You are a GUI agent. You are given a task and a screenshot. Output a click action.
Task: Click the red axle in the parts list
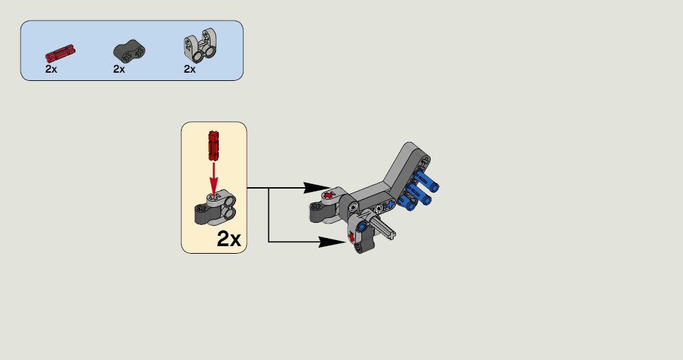[x=60, y=53]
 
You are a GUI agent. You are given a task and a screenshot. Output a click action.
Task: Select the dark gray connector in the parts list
[x=130, y=51]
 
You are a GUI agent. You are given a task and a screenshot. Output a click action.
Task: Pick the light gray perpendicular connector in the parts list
[x=201, y=45]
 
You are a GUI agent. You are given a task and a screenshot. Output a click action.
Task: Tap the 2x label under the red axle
[x=51, y=69]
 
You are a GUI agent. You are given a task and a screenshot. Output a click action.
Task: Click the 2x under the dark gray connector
[x=119, y=69]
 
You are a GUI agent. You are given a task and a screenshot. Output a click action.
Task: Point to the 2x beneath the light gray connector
[x=189, y=69]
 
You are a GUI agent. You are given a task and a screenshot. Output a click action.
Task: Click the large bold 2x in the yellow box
[x=228, y=239]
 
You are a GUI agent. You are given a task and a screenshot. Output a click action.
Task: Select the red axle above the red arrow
[x=213, y=146]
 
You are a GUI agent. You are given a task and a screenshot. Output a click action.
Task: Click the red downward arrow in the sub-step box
[x=213, y=178]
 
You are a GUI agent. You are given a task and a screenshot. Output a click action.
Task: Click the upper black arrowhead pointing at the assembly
[x=314, y=188]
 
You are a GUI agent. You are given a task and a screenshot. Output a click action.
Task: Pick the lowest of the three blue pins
[x=408, y=201]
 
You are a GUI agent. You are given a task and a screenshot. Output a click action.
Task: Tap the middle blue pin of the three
[x=418, y=194]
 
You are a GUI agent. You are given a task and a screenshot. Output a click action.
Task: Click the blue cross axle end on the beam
[x=390, y=204]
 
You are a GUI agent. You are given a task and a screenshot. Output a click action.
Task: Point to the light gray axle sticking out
[x=383, y=227]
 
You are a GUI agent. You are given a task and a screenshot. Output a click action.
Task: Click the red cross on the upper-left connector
[x=328, y=195]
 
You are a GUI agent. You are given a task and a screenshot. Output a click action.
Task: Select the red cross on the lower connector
[x=351, y=237]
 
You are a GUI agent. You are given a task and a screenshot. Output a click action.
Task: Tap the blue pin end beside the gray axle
[x=361, y=226]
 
